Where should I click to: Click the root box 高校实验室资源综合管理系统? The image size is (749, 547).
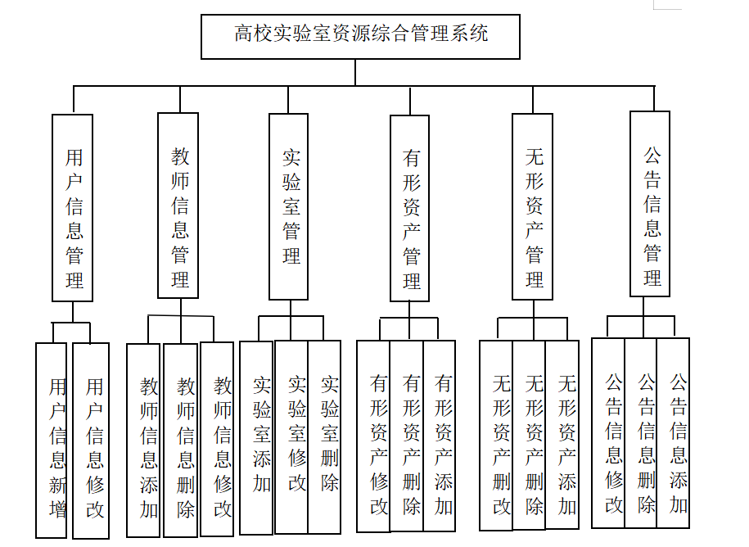(x=360, y=36)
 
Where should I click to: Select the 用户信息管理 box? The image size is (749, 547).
(x=73, y=207)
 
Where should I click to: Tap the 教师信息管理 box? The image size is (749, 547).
(x=178, y=205)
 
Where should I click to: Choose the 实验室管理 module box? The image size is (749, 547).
(x=289, y=206)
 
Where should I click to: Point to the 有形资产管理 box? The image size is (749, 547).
(x=409, y=209)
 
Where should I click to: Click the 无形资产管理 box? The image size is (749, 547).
(x=532, y=206)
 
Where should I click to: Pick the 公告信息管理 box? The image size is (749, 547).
(x=650, y=203)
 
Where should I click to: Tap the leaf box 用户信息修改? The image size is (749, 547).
(x=91, y=441)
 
